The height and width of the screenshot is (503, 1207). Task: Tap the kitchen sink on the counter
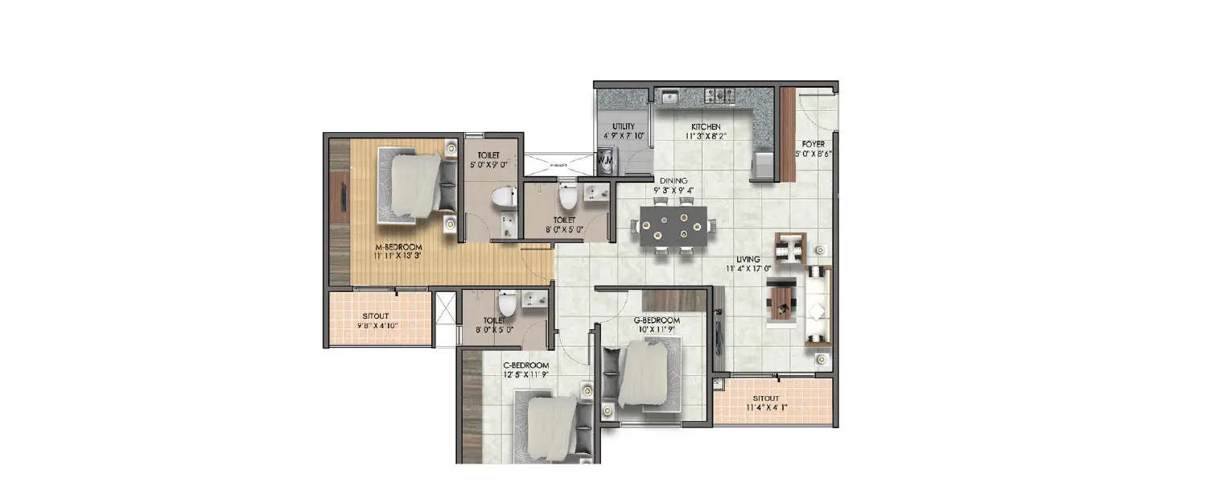[669, 97]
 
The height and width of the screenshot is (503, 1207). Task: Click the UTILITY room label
[624, 126]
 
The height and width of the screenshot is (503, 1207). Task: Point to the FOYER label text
[813, 144]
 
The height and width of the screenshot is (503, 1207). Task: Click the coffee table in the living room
[781, 302]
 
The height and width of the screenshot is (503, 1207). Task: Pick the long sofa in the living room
[819, 304]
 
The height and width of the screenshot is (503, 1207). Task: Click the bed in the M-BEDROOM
[410, 186]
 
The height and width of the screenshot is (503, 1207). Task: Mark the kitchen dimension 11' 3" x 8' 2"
[706, 136]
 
